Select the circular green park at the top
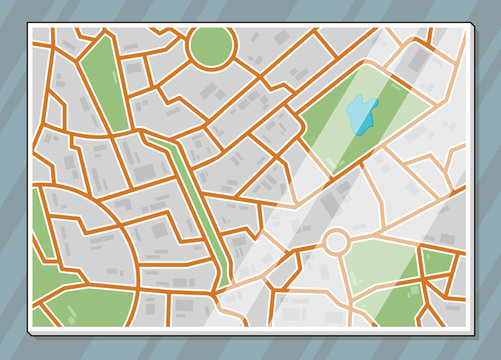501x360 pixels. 210,46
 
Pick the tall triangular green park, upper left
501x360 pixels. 102,90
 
